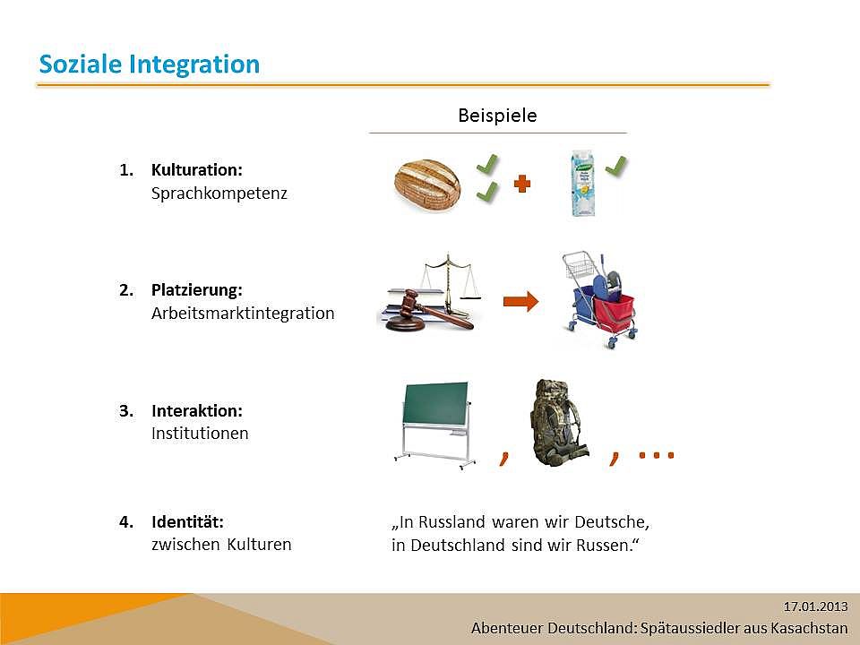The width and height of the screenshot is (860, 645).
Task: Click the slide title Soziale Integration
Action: coord(150,64)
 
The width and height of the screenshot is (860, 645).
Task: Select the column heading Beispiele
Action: coord(497,116)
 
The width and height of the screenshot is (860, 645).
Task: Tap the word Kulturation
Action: coord(197,169)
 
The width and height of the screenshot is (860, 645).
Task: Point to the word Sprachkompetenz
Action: coord(219,193)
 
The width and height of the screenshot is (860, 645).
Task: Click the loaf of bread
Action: coord(427,186)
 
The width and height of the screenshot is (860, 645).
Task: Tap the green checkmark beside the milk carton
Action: coord(616,167)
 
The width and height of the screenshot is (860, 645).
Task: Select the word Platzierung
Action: coord(197,289)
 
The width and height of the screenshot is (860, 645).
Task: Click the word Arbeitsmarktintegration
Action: coord(243,314)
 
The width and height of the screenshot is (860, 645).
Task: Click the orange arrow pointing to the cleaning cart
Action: coord(521,301)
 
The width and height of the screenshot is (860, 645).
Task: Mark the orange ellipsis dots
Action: coord(656,455)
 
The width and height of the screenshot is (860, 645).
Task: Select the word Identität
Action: coord(187,521)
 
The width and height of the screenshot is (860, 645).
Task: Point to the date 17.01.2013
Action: coord(815,606)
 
